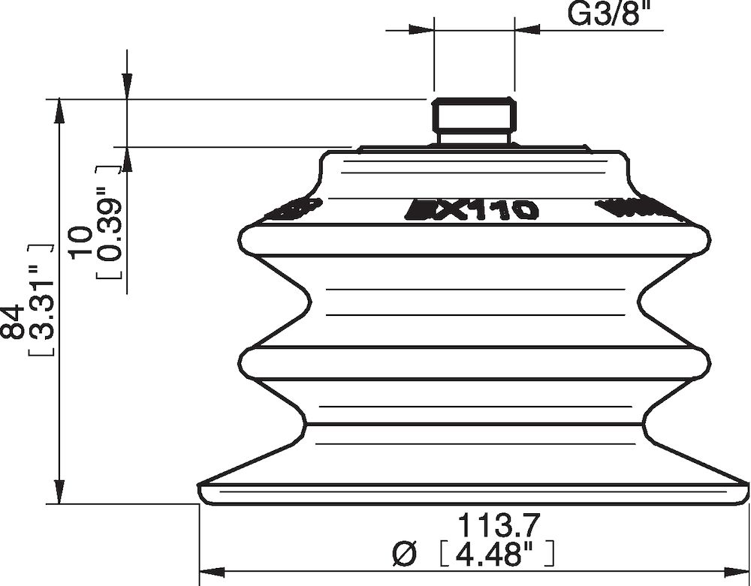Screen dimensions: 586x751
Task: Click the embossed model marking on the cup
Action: pos(473,209)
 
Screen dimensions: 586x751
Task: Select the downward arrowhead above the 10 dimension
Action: pos(127,87)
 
